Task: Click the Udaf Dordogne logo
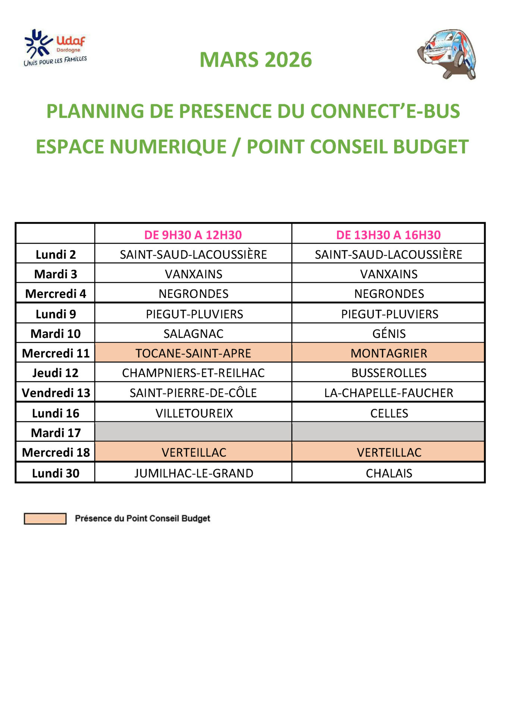(x=55, y=48)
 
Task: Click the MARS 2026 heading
(x=255, y=60)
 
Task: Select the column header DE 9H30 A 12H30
(x=193, y=235)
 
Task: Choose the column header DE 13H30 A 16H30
(x=388, y=235)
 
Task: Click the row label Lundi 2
(x=56, y=255)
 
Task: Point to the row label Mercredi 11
(x=56, y=353)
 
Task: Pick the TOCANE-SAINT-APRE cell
(x=193, y=353)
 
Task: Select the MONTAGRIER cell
(x=389, y=353)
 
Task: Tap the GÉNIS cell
(x=389, y=333)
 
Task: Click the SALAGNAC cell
(x=193, y=333)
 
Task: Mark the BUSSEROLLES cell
(x=389, y=373)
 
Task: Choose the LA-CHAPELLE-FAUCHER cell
(x=389, y=393)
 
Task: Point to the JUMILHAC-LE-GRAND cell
(x=194, y=473)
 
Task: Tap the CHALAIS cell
(x=389, y=473)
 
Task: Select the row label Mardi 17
(x=56, y=433)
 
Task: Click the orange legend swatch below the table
(x=45, y=518)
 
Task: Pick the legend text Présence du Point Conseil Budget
(x=142, y=518)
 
